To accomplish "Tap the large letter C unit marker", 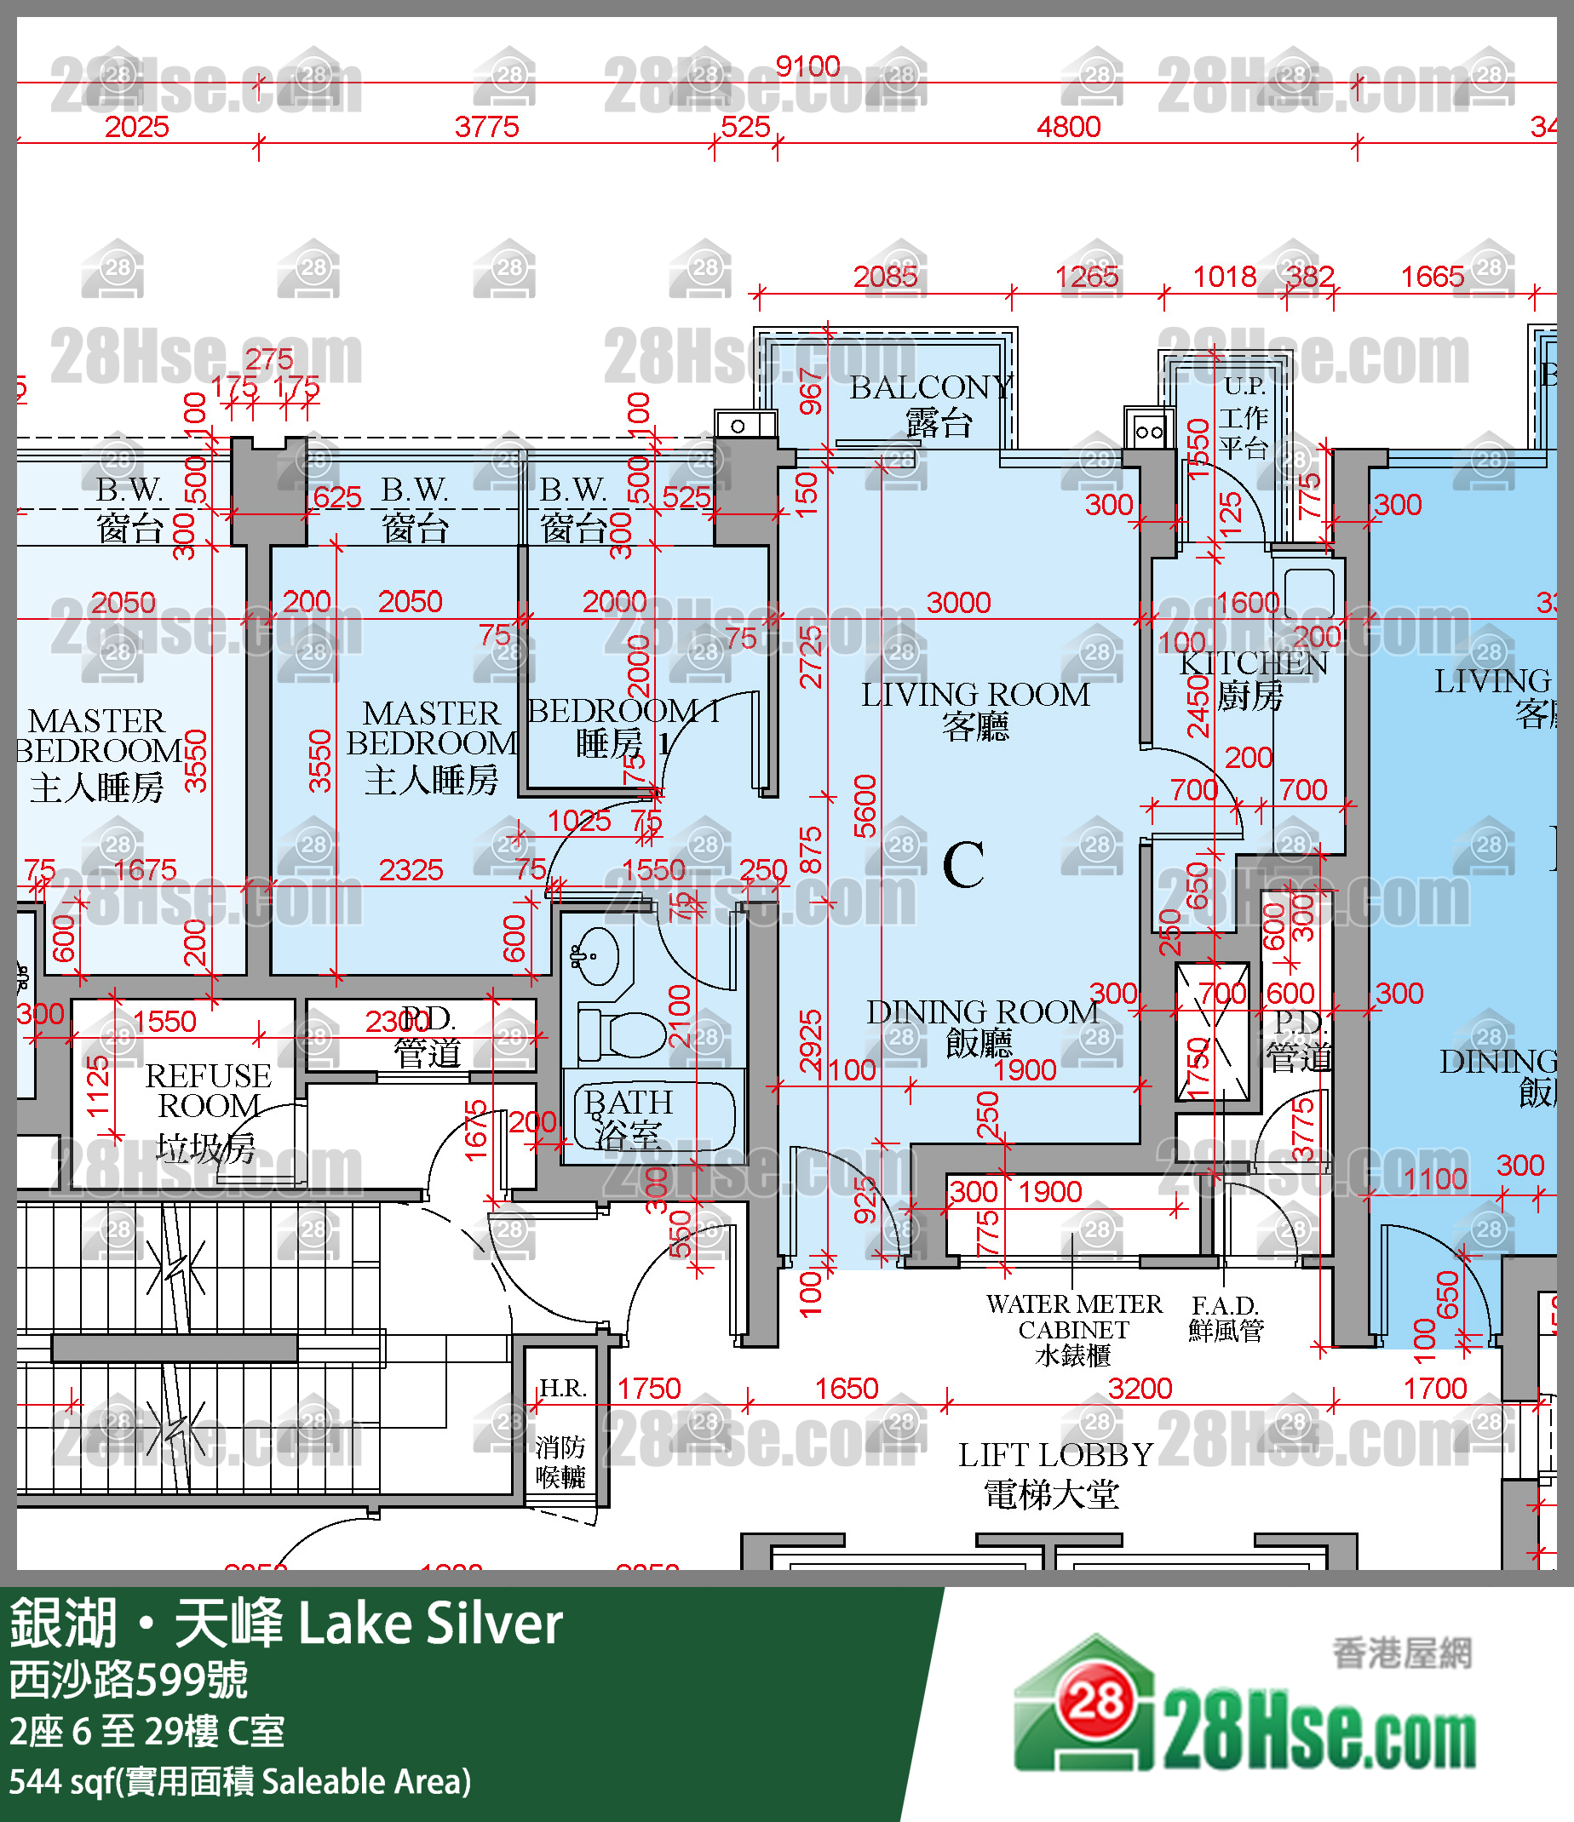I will click(x=962, y=865).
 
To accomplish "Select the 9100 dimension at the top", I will click(x=807, y=66).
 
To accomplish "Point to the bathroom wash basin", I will click(x=598, y=956).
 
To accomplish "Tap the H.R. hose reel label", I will click(x=562, y=1389).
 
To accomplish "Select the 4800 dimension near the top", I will click(x=1068, y=127).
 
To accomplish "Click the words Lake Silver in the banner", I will click(x=430, y=1624).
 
